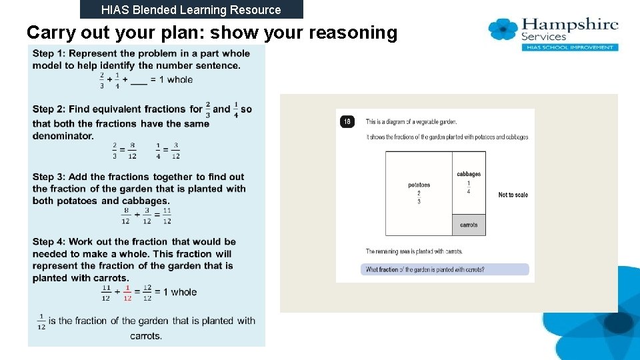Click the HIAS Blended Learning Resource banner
click(x=191, y=9)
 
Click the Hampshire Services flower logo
click(x=503, y=29)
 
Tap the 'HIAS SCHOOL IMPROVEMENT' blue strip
click(x=569, y=47)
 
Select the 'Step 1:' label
click(x=49, y=53)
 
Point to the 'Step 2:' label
click(x=49, y=109)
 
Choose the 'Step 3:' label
click(x=49, y=177)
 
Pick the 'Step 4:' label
click(x=49, y=241)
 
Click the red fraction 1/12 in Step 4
click(x=127, y=293)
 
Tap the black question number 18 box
click(x=347, y=121)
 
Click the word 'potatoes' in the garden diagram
click(x=419, y=185)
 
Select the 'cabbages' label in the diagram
click(x=469, y=174)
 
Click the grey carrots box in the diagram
click(x=469, y=225)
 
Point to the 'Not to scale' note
click(x=513, y=195)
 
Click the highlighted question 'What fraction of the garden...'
click(x=445, y=270)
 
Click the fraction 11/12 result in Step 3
click(x=167, y=215)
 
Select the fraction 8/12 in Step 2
click(x=133, y=151)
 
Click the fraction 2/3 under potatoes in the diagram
click(x=419, y=197)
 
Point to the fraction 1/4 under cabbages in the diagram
click(x=469, y=187)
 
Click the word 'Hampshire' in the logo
click(x=570, y=25)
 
